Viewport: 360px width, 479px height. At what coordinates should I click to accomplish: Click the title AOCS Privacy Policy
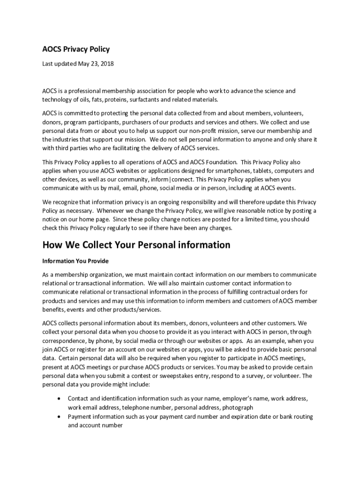[x=76, y=49]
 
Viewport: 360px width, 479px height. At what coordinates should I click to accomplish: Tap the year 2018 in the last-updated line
[x=107, y=64]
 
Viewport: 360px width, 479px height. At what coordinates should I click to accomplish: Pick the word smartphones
[x=223, y=171]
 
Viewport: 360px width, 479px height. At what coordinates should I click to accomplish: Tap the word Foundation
[x=220, y=162]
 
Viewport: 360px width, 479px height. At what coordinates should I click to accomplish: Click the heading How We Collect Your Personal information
[x=136, y=245]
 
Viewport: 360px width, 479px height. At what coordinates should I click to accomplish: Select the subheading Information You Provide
[x=75, y=261]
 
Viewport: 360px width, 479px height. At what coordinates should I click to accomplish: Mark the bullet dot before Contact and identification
[x=58, y=399]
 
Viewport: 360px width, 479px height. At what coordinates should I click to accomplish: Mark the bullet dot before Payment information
[x=58, y=416]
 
